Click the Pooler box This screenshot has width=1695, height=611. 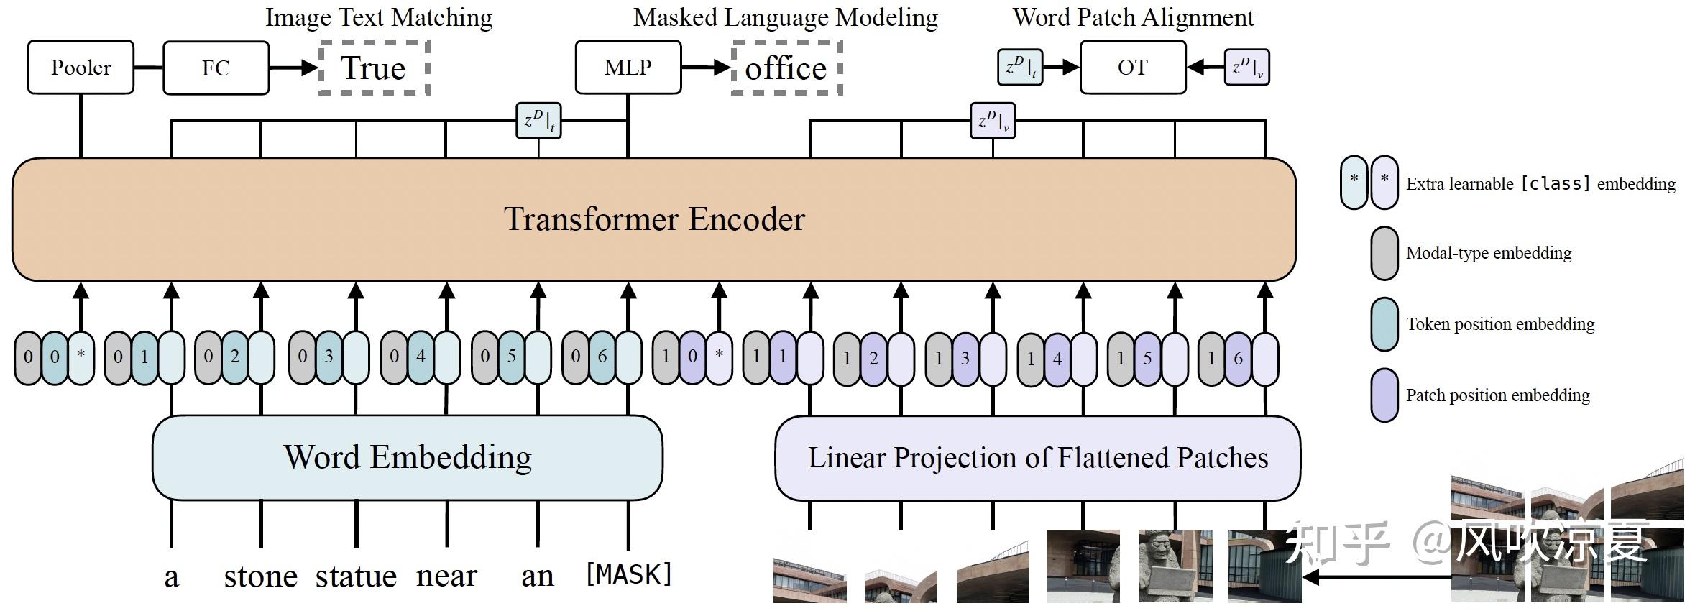tap(81, 68)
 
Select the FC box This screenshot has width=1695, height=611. tap(216, 68)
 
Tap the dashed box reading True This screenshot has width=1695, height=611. tap(374, 68)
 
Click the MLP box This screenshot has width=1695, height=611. tap(628, 68)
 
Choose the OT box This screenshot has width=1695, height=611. tap(1132, 68)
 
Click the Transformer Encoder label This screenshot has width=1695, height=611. tap(654, 219)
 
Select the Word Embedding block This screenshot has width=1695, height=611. tap(407, 457)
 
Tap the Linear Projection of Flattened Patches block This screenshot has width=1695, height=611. tap(1037, 458)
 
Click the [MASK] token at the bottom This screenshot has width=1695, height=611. tap(629, 574)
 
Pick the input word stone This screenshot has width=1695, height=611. tap(260, 576)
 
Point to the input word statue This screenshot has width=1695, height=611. tap(356, 576)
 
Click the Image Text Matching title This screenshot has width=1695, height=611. tap(379, 17)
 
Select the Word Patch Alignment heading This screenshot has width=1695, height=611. tap(1133, 17)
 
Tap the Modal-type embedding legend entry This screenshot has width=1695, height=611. tap(1488, 253)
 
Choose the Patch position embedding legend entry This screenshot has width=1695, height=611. tap(1497, 395)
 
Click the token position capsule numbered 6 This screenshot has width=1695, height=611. tap(602, 357)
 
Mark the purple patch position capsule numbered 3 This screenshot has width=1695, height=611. tap(965, 358)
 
